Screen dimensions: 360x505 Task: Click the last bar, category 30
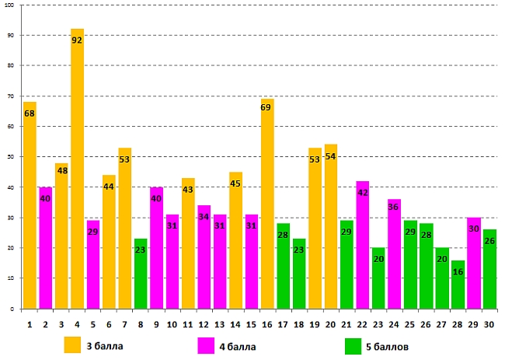489,268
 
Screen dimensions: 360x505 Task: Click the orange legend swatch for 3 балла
72,344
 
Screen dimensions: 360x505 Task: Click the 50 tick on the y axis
11,157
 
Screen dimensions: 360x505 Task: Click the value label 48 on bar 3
61,171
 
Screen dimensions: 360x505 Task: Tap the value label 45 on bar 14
235,184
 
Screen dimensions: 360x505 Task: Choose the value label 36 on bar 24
394,207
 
